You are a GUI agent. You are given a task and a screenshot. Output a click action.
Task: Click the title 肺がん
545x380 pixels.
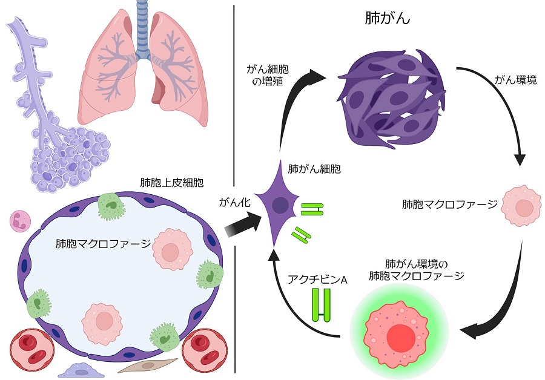(x=388, y=18)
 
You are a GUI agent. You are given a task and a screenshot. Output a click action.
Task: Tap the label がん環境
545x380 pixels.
(x=515, y=80)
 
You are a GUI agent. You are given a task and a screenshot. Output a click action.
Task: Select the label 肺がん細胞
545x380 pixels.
(x=314, y=169)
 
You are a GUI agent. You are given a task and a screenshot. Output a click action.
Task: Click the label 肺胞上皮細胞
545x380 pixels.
(x=163, y=183)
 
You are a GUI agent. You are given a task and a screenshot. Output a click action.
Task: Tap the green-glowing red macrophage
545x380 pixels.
(x=398, y=330)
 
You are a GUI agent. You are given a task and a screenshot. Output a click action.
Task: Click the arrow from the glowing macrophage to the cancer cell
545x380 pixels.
(x=291, y=303)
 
